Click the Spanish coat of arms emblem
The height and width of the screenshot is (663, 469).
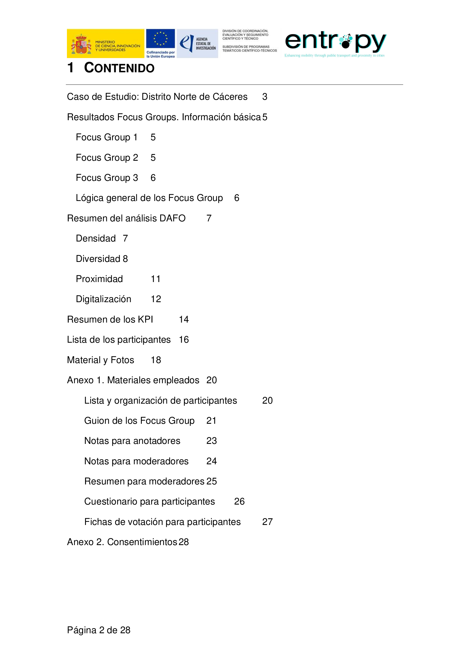81,44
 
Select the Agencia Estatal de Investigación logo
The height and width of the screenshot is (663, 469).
197,43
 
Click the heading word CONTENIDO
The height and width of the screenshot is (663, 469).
119,68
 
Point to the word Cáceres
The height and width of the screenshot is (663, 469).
230,97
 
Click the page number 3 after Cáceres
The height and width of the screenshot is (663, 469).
265,97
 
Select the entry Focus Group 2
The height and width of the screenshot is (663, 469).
107,158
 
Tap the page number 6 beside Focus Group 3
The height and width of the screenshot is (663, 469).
153,178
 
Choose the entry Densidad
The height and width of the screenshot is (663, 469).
96,238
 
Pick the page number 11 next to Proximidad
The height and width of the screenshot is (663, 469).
156,279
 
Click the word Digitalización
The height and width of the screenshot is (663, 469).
103,299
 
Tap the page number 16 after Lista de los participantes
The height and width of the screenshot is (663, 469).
184,340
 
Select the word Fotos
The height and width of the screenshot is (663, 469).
122,360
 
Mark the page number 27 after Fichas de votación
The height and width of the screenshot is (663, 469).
267,522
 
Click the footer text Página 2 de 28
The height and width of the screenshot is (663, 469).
99,630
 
